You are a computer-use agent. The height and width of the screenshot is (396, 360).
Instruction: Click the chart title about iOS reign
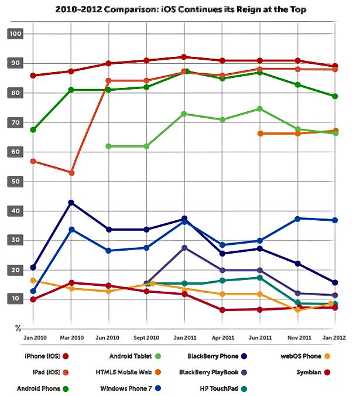pyautogui.click(x=180, y=9)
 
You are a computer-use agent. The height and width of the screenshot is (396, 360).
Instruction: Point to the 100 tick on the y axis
pyautogui.click(x=15, y=34)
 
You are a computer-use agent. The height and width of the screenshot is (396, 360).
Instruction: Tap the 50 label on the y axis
pyautogui.click(x=15, y=182)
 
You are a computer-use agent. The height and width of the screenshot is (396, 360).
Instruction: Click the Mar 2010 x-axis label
pyautogui.click(x=71, y=338)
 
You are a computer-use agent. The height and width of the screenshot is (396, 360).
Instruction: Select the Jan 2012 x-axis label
pyautogui.click(x=334, y=338)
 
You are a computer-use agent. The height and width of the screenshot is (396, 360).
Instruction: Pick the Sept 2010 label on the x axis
pyautogui.click(x=146, y=338)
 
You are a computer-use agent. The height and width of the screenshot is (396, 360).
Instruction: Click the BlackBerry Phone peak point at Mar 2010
pyautogui.click(x=71, y=203)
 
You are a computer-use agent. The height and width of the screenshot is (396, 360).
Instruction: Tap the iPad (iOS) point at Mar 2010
pyautogui.click(x=71, y=173)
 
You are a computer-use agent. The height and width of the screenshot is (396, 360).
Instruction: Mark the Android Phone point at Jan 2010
pyautogui.click(x=33, y=129)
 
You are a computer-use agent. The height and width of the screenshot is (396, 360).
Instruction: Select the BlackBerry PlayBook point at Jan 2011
pyautogui.click(x=184, y=248)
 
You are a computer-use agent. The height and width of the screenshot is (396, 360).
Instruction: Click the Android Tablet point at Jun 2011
pyautogui.click(x=259, y=109)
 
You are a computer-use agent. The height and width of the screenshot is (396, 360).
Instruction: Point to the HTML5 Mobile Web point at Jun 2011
pyautogui.click(x=259, y=134)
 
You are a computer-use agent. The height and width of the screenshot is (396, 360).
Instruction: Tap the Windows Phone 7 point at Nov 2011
pyautogui.click(x=298, y=219)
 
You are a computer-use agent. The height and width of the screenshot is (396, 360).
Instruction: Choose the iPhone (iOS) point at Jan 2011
pyautogui.click(x=184, y=57)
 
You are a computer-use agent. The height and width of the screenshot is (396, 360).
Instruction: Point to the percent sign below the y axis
pyautogui.click(x=18, y=328)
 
